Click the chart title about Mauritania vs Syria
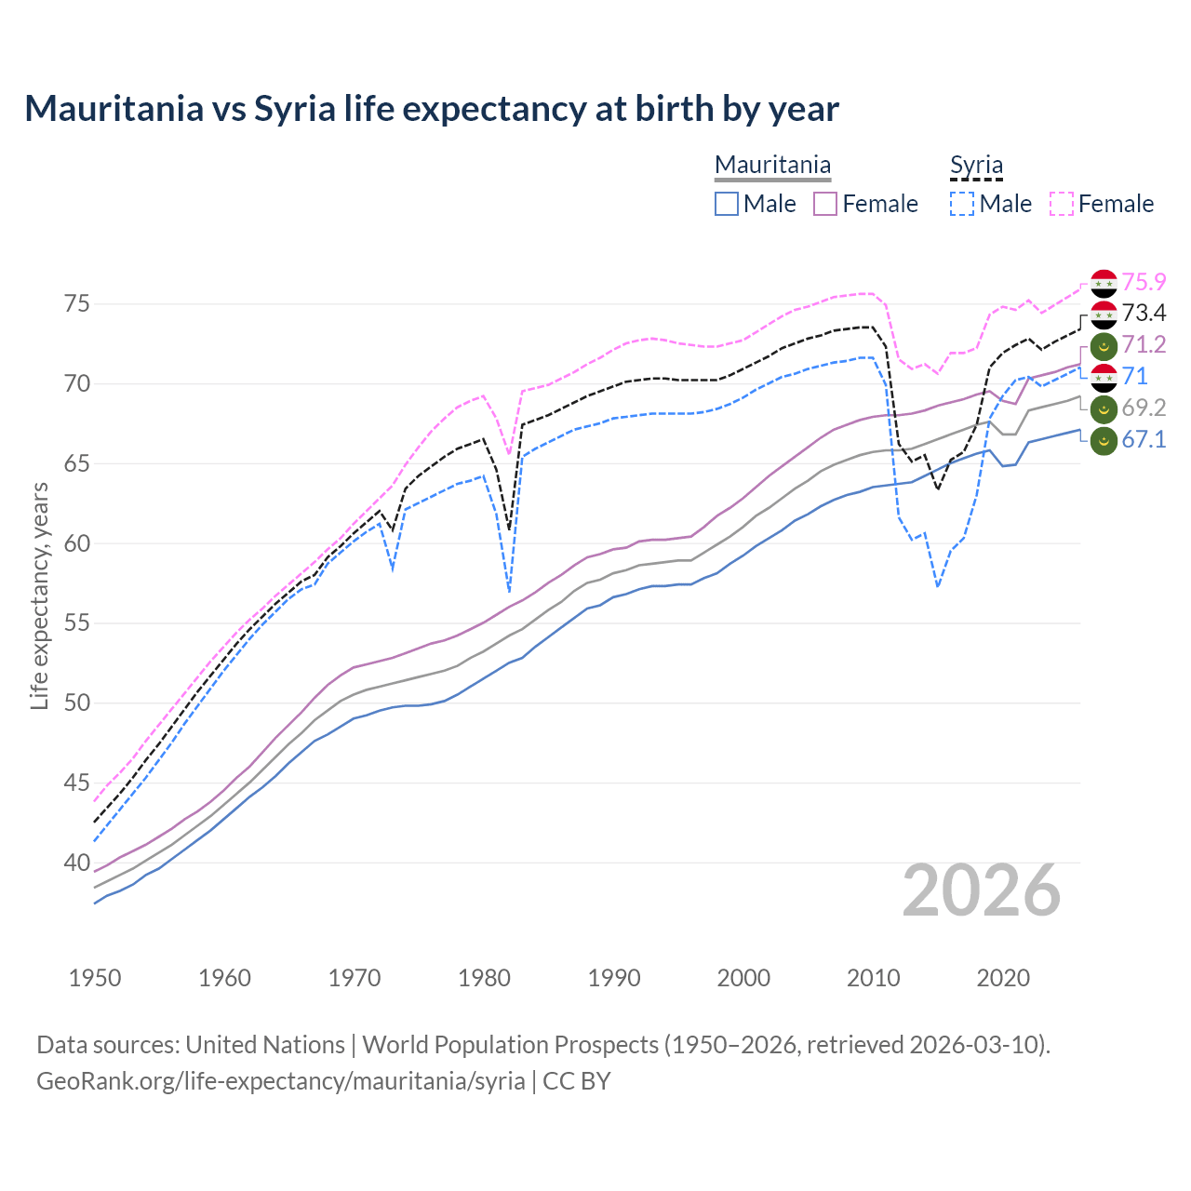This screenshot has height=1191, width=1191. coord(432,109)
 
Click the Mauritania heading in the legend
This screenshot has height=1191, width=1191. coord(772,166)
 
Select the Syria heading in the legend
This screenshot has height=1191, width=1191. coord(976,166)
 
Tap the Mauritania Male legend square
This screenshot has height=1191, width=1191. coord(727,204)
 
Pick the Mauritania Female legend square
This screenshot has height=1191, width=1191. coord(825,204)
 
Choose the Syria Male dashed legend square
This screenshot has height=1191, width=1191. coord(962,204)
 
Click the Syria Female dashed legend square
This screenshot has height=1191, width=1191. coord(1062,204)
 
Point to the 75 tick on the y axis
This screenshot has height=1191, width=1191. coord(77,304)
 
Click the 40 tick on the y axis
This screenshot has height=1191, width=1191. coord(77,863)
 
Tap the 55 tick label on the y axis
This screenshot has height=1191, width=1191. coord(77,623)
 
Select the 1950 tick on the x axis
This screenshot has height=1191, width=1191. coord(95,978)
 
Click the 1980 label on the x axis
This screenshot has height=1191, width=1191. coord(484,978)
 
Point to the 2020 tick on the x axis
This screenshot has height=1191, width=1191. coord(1003,978)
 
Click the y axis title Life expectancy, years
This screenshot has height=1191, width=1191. coord(39,595)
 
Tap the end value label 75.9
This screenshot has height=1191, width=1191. coord(1144,282)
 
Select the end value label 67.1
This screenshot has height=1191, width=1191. coord(1144,439)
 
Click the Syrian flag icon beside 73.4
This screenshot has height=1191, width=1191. coord(1104,314)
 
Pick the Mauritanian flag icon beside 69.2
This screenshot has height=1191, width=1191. coord(1104,408)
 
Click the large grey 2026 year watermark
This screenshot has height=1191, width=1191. coord(982,890)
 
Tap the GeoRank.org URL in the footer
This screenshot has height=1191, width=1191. coord(280,1081)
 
